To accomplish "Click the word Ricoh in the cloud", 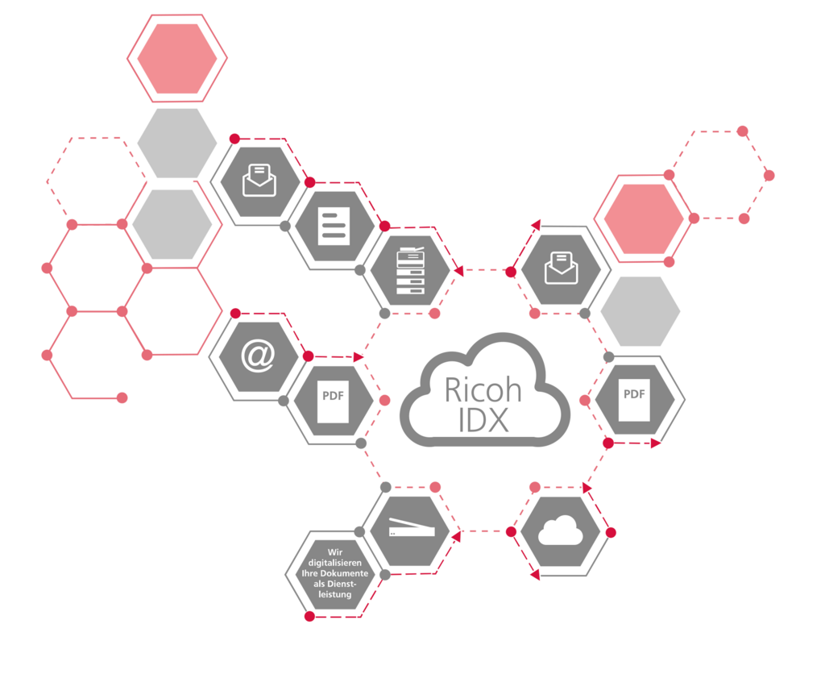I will click(x=483, y=389).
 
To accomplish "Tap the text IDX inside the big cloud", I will click(x=483, y=420).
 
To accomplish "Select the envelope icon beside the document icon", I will click(x=259, y=181).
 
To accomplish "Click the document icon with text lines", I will click(x=334, y=226).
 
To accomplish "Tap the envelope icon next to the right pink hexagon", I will click(x=562, y=268).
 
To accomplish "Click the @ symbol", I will click(x=257, y=356).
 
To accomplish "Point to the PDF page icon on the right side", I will click(x=634, y=402).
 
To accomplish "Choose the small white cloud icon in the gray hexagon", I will click(x=561, y=531).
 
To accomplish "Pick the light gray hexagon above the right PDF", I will click(x=641, y=310).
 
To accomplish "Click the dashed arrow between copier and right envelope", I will click(x=484, y=271).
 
